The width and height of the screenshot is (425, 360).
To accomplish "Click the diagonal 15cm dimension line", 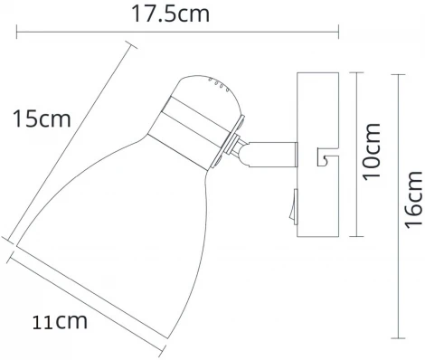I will point(68,145).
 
